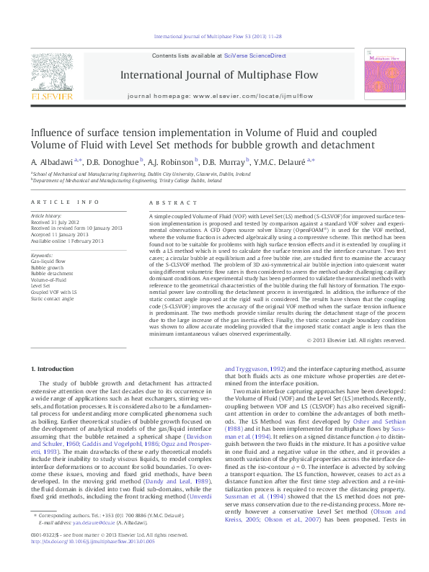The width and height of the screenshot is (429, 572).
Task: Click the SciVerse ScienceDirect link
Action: point(255,55)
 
